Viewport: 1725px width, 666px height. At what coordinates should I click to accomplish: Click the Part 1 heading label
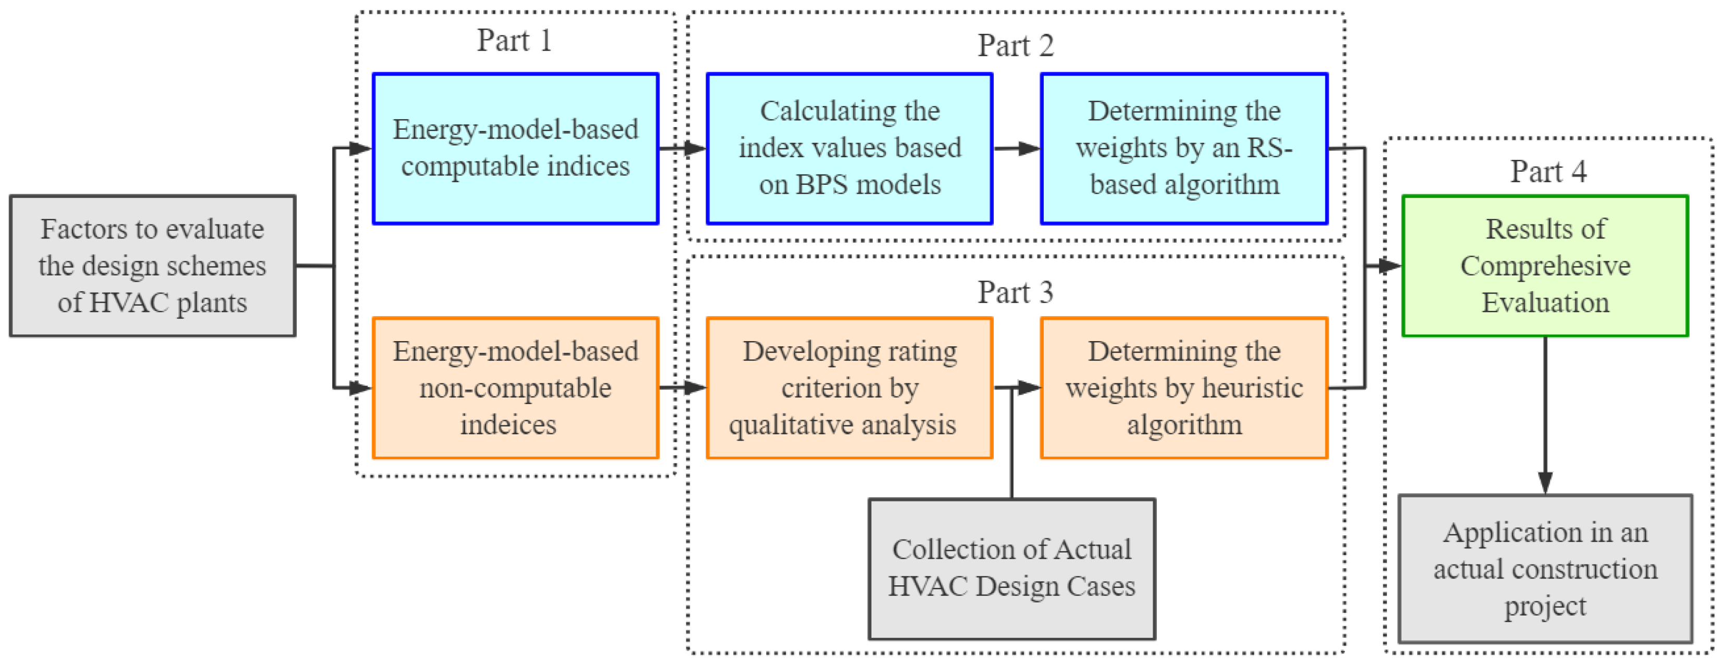tap(514, 40)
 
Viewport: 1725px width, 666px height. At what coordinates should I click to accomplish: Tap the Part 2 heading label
tap(1015, 45)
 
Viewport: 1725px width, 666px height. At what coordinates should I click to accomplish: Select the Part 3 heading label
tap(1015, 293)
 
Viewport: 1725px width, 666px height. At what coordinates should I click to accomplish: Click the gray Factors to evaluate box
tap(153, 266)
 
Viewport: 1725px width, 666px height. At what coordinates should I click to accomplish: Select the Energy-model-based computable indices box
tap(515, 148)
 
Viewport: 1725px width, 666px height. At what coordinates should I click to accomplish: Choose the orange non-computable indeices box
tap(515, 387)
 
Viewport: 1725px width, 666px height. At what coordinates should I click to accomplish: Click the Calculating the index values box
tap(849, 148)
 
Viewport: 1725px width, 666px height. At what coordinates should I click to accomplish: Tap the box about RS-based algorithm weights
tap(1183, 148)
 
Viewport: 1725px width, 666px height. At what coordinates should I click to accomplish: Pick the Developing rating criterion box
tap(849, 387)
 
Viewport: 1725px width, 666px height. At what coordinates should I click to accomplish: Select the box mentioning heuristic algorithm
tap(1183, 387)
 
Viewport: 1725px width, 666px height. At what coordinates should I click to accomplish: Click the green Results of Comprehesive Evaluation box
tap(1545, 266)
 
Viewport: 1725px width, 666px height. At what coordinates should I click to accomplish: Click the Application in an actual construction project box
tap(1545, 568)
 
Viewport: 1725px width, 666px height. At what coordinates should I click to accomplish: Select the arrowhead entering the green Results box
tap(1390, 266)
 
